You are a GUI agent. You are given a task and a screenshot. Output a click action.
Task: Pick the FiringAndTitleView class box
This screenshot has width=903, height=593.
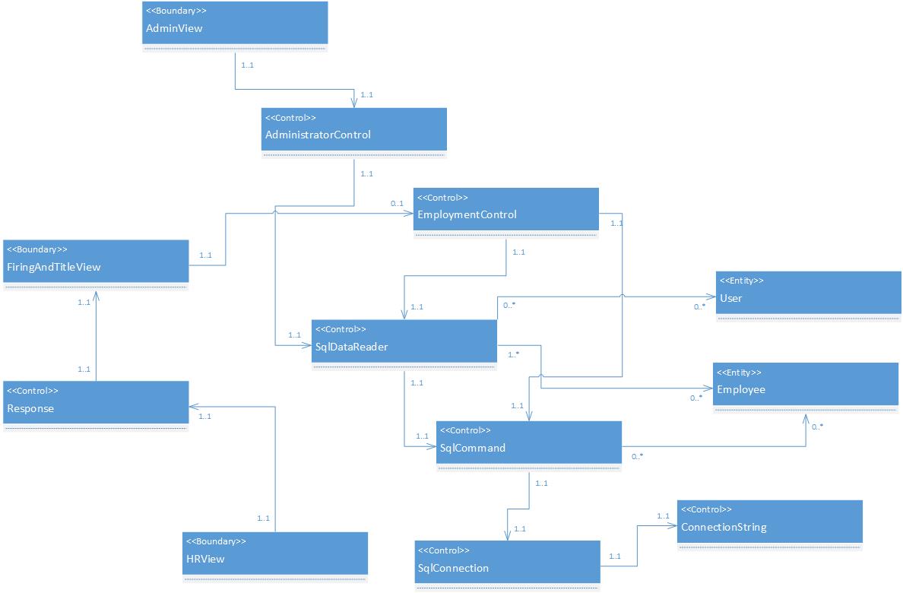pyautogui.click(x=96, y=265)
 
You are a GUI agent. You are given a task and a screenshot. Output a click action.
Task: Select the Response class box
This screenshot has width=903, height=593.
pyautogui.click(x=96, y=406)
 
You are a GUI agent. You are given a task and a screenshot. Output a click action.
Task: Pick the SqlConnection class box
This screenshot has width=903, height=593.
pyautogui.click(x=507, y=566)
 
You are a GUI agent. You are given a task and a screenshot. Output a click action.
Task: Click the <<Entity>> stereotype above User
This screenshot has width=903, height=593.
pyautogui.click(x=741, y=281)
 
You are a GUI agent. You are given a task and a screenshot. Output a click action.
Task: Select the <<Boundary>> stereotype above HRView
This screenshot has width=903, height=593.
pyautogui.click(x=217, y=541)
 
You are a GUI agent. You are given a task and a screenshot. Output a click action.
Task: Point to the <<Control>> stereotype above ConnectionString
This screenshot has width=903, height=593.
pyautogui.click(x=706, y=509)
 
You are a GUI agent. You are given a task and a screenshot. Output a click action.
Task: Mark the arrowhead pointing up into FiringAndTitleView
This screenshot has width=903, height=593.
pyautogui.click(x=96, y=293)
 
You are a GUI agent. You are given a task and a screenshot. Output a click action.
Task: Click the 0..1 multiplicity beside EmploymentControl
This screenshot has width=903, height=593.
pyautogui.click(x=397, y=203)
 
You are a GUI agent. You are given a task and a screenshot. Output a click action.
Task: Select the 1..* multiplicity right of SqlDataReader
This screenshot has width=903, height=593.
pyautogui.click(x=513, y=354)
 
